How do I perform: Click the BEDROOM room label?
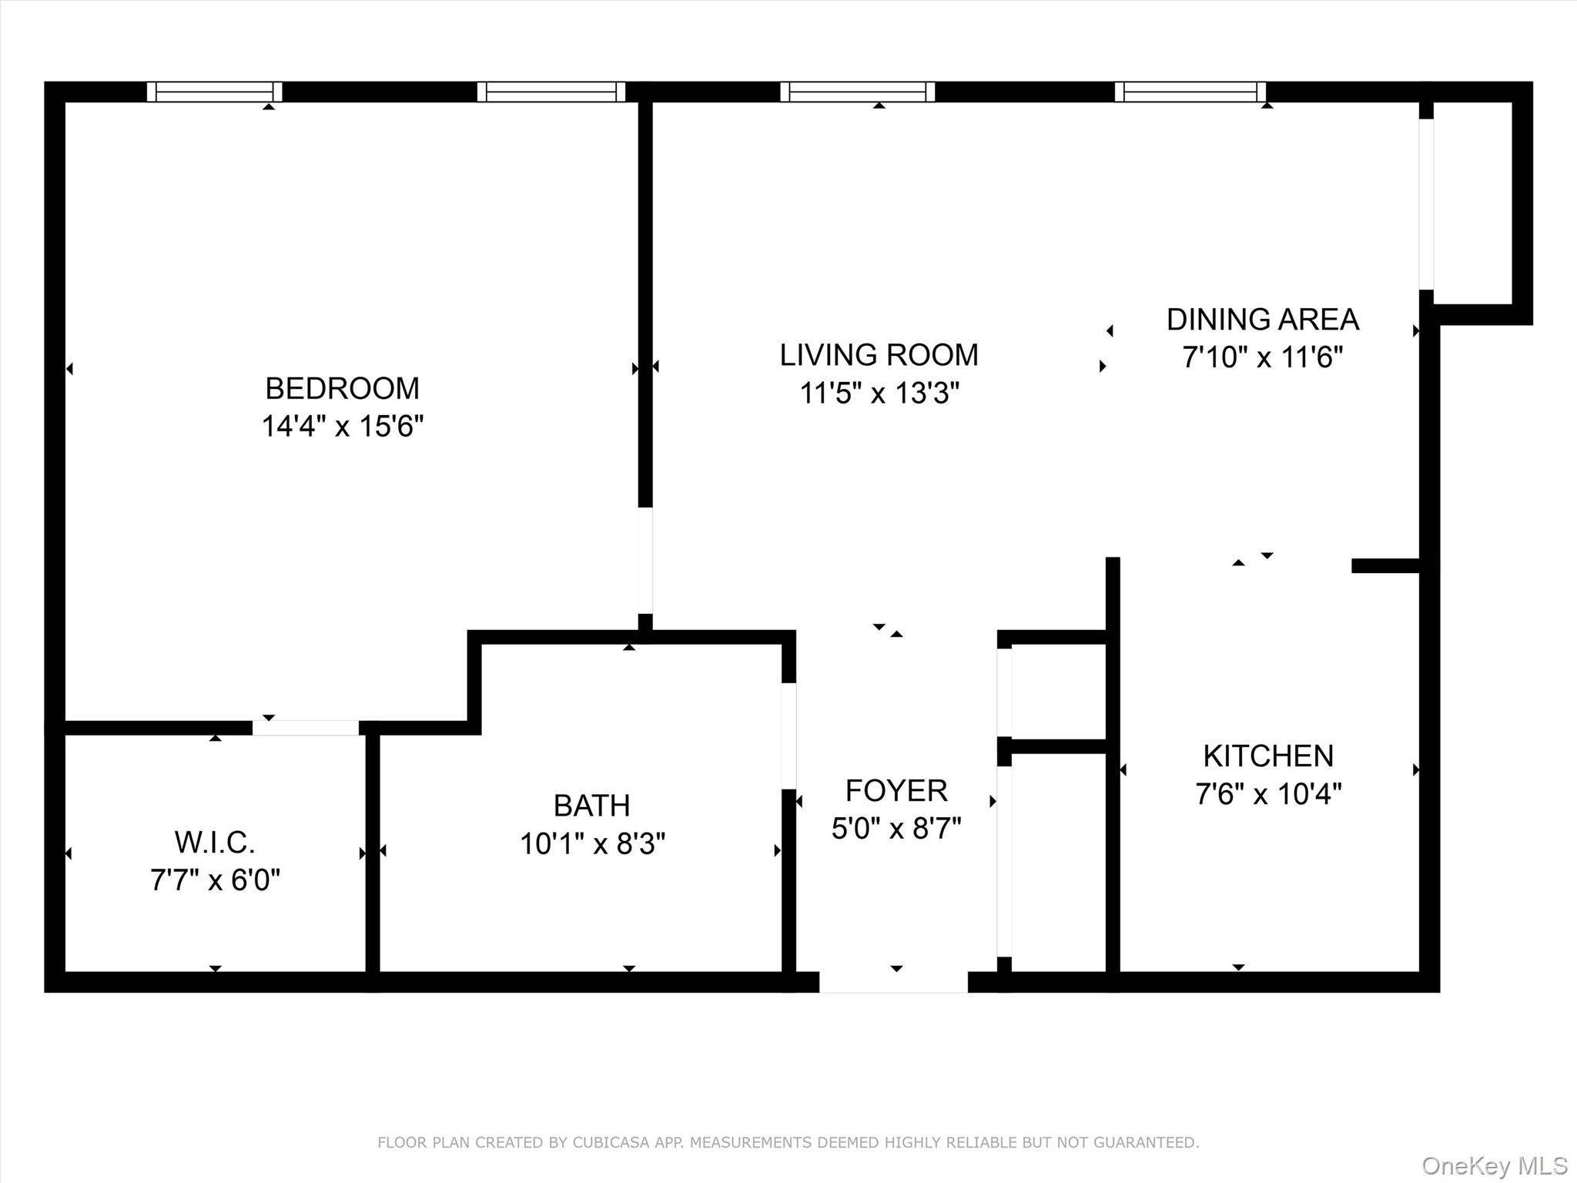[342, 388]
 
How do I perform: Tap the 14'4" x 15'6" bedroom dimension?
[342, 426]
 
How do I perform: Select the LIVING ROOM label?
[879, 355]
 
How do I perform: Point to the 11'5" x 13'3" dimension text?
[879, 394]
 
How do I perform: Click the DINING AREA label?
[1262, 320]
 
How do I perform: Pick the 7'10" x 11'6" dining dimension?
[1262, 357]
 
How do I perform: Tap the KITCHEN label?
[1267, 756]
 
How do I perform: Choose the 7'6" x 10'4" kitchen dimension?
[1267, 794]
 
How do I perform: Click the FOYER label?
[896, 791]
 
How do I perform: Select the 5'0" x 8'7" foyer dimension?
[896, 829]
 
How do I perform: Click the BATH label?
[591, 806]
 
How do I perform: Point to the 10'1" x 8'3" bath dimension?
[591, 844]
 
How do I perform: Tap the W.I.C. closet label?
[214, 843]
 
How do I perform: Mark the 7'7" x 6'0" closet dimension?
[214, 880]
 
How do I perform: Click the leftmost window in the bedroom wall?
[214, 92]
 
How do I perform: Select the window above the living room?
[857, 92]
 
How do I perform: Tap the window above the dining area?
[1190, 92]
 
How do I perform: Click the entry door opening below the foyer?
[893, 982]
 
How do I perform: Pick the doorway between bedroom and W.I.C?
[306, 728]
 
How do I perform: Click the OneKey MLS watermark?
[1494, 1166]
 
